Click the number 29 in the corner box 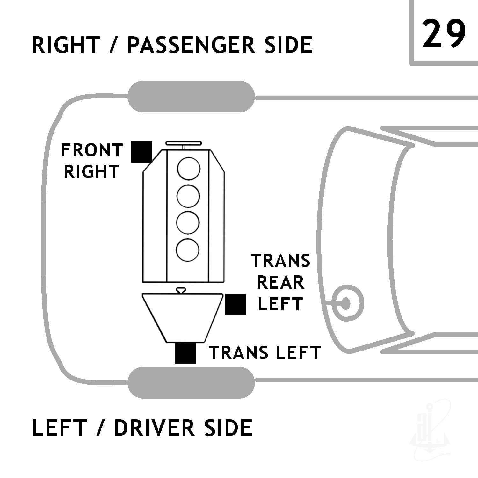(x=444, y=33)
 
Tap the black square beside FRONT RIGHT (x=142, y=152)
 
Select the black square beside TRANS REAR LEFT (x=235, y=305)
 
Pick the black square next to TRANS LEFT (x=185, y=353)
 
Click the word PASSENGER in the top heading (x=191, y=45)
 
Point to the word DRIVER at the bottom (x=155, y=428)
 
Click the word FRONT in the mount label (x=92, y=150)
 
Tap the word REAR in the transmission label (x=280, y=283)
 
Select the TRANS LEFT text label (x=264, y=353)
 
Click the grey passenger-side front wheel (x=191, y=97)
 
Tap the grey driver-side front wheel (x=191, y=382)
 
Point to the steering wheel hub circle (x=346, y=303)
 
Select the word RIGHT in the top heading (x=66, y=45)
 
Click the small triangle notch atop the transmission (x=181, y=290)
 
